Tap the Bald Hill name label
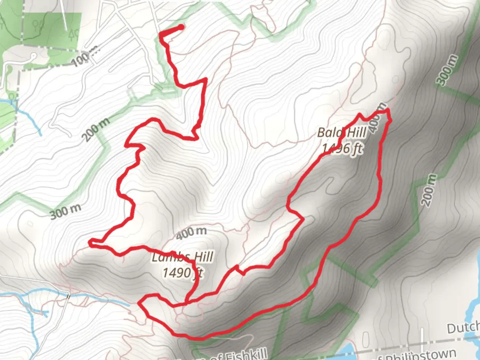click(x=341, y=133)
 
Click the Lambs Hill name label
click(x=182, y=257)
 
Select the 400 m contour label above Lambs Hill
click(x=191, y=232)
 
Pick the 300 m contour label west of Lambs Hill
click(x=66, y=211)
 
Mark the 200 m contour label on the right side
click(x=429, y=190)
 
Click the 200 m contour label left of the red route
click(x=96, y=129)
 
